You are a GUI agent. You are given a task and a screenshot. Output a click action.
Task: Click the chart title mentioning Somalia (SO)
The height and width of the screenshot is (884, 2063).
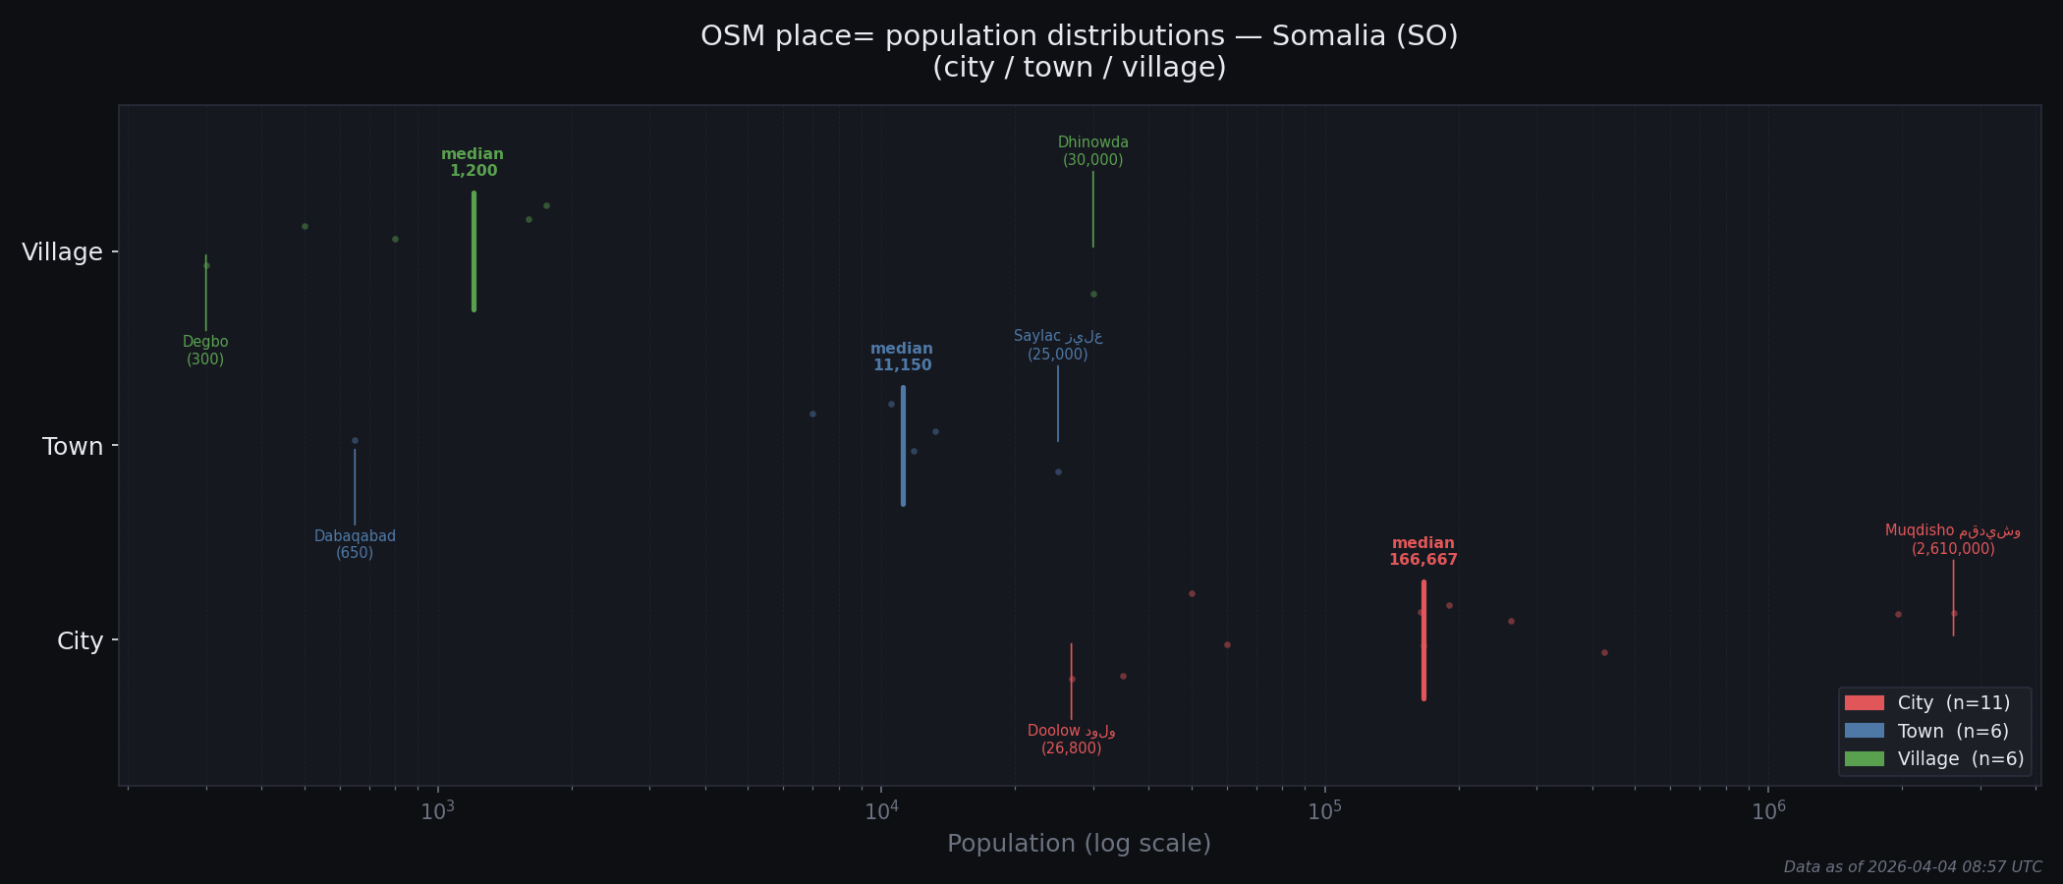click(1079, 51)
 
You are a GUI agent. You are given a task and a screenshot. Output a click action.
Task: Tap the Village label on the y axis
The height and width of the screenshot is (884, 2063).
click(62, 252)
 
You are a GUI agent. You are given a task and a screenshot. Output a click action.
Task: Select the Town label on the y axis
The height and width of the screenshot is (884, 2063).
click(73, 447)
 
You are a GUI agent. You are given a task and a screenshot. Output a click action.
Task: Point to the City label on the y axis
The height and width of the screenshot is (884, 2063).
click(80, 641)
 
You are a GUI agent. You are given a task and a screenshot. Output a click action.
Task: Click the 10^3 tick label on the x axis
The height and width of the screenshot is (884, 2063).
click(437, 811)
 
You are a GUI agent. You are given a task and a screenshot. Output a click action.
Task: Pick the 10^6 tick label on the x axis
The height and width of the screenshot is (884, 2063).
click(1768, 811)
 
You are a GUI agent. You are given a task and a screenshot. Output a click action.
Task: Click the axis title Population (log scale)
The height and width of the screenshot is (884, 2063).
click(1079, 844)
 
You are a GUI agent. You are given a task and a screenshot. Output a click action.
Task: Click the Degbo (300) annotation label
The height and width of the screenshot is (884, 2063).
click(205, 351)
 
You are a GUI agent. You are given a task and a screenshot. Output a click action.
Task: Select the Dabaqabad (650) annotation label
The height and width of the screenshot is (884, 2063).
click(355, 545)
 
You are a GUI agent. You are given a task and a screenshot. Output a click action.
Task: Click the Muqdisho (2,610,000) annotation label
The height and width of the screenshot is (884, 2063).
click(1952, 540)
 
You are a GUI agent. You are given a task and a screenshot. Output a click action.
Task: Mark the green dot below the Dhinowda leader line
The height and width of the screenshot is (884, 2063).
click(1093, 294)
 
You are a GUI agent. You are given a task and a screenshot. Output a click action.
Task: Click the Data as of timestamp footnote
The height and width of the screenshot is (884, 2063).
click(1912, 867)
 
